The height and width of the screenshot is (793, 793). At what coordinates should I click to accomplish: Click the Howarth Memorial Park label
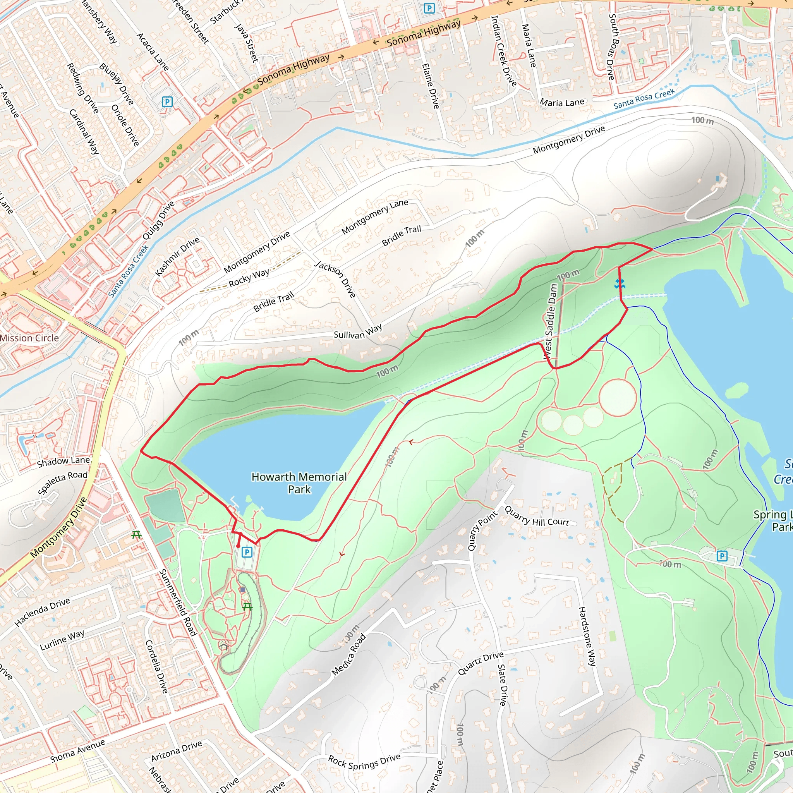click(299, 483)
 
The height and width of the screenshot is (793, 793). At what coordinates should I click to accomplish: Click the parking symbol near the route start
click(247, 552)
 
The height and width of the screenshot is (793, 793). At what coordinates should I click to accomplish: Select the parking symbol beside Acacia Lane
click(167, 101)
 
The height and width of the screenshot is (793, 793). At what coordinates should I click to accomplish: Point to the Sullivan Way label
click(357, 332)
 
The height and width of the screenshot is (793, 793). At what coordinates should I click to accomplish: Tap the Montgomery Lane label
click(375, 216)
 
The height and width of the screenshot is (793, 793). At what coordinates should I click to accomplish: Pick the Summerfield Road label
click(177, 602)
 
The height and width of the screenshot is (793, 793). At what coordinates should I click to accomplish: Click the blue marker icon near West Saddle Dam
click(620, 283)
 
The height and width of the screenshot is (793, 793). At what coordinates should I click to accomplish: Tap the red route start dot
click(238, 546)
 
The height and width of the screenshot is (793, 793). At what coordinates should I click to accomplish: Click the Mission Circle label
click(29, 338)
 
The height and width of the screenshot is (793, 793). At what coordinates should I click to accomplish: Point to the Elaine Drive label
click(431, 86)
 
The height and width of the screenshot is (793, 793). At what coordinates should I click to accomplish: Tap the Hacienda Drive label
click(42, 613)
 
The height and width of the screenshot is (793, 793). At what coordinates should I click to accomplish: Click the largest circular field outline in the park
click(618, 397)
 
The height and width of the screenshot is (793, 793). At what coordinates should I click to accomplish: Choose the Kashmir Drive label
click(177, 257)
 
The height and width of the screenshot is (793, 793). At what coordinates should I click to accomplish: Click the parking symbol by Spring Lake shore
click(722, 556)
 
